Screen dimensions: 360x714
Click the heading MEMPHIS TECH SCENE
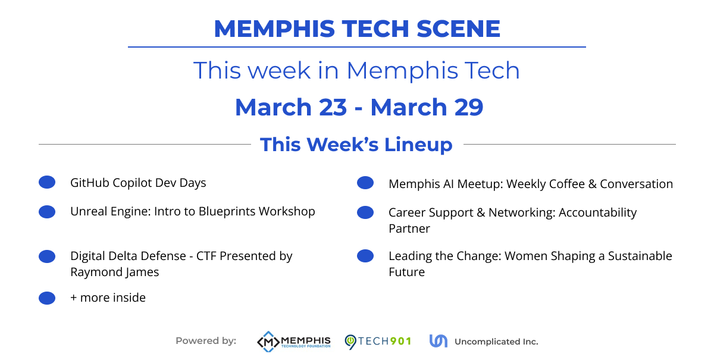357,29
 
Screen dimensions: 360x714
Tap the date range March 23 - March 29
359,107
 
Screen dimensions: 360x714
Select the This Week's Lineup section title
356,145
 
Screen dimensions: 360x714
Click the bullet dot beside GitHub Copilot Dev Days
47,183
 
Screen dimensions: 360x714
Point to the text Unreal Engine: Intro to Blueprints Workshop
192,212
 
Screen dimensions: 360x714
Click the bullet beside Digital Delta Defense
47,256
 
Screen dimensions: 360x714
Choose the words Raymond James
114,273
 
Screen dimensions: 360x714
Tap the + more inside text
108,298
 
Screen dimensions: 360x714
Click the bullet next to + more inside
47,298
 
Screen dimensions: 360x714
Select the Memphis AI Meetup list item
530,184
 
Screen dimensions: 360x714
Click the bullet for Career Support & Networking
365,212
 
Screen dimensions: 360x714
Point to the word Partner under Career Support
409,228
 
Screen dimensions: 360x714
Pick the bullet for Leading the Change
365,256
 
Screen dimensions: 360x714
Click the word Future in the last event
406,273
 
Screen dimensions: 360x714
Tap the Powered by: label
206,341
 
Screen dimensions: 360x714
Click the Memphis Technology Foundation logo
293,342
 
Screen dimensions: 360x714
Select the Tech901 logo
378,342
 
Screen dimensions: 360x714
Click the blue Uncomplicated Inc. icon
438,341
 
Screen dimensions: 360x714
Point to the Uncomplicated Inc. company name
496,342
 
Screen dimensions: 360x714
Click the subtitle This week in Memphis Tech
356,71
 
